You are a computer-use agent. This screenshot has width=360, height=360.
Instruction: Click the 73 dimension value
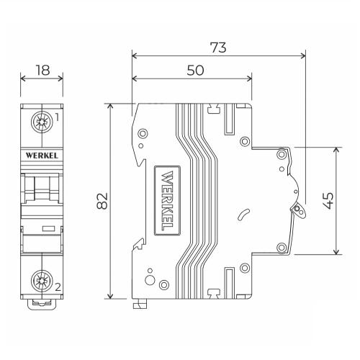point(218,48)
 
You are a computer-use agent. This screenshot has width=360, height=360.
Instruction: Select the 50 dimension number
point(195,71)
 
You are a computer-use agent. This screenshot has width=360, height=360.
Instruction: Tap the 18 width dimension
point(42,70)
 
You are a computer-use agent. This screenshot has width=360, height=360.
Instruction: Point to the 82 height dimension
point(102,201)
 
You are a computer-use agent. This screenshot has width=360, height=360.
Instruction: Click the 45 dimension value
point(328,201)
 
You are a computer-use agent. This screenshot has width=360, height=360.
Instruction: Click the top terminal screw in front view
point(42,122)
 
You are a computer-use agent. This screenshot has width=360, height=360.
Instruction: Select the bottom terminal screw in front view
point(42,281)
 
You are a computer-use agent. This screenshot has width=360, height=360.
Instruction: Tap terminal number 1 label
point(57,117)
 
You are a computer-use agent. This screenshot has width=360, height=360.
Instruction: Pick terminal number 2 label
point(58,287)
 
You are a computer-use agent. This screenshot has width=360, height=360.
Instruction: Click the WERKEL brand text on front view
point(42,156)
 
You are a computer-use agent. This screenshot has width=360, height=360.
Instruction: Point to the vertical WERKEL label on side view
point(167,200)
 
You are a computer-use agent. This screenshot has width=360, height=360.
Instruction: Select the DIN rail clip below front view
point(42,305)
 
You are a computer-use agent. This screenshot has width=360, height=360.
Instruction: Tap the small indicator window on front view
point(48,228)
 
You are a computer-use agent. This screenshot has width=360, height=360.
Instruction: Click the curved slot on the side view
point(243,215)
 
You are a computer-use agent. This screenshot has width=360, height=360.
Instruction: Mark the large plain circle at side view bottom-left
point(150,280)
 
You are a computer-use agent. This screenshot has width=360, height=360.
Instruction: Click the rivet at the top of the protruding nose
point(282,154)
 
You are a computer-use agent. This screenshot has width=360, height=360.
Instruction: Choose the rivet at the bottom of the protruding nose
point(282,248)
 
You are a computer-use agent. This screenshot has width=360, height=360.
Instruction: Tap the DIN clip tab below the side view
point(140,304)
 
